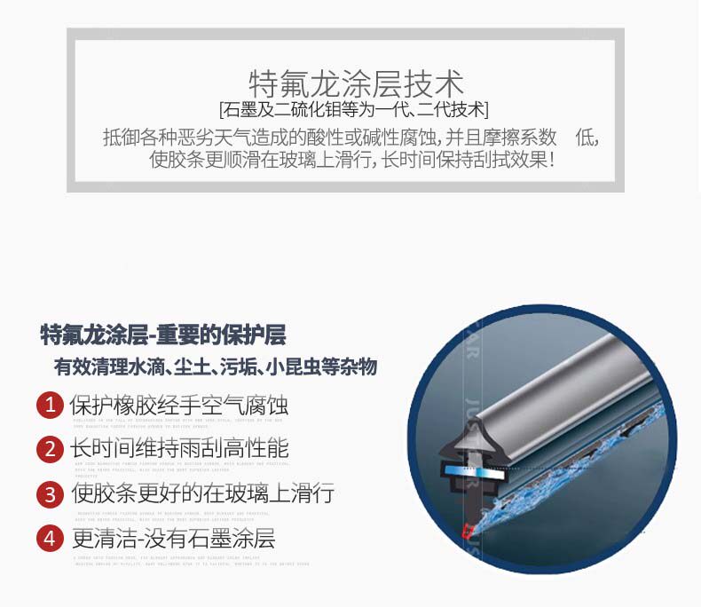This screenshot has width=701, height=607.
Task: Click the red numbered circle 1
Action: click(50, 406)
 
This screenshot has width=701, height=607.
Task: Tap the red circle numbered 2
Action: click(50, 449)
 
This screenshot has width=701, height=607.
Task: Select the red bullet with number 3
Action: click(50, 493)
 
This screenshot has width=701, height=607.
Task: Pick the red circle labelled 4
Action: click(50, 538)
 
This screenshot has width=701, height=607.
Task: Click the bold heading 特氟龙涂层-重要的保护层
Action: click(164, 335)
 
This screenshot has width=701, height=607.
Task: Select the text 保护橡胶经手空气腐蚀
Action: click(179, 406)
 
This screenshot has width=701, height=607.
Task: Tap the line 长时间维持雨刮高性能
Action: click(179, 449)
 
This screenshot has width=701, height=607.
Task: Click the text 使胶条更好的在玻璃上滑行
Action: click(202, 493)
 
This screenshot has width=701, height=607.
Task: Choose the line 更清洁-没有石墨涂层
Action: click(173, 538)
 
